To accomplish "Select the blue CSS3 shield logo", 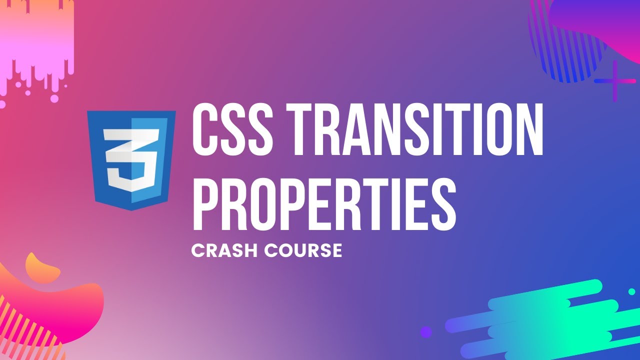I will click(131, 160).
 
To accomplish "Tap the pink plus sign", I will click(615, 81).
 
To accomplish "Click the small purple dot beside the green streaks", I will click(426, 332).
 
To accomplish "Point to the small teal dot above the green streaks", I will click(631, 291).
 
